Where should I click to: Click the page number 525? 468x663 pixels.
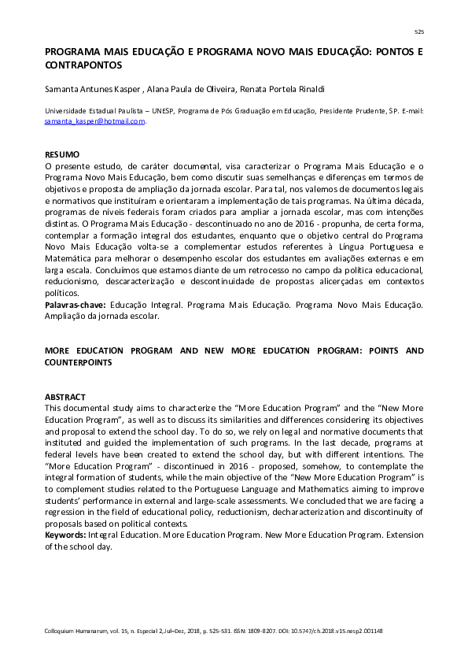click(418, 31)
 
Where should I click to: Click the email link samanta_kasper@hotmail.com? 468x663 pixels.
click(94, 121)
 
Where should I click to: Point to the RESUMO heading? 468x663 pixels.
click(62, 154)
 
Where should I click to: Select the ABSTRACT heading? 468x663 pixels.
click(64, 397)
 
